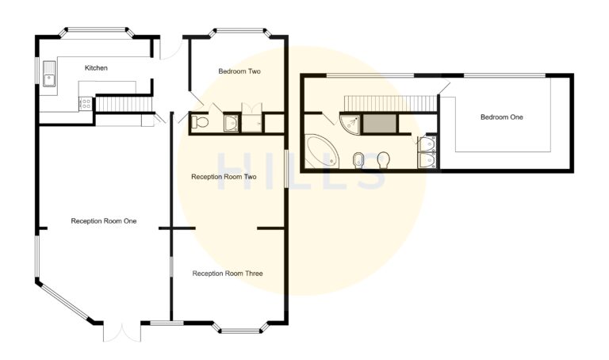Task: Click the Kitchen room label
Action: pos(96,68)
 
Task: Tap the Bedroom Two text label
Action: pos(239,71)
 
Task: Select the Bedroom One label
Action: pos(501,117)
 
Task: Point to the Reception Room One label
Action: pos(103,221)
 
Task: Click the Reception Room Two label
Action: pos(224,177)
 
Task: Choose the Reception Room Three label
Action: pos(228,274)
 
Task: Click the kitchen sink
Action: pos(50,78)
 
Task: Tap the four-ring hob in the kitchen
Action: pos(84,102)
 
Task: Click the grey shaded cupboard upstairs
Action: pos(379,124)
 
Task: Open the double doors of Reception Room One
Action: pos(120,331)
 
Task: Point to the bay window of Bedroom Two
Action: pos(238,33)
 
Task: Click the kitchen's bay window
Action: pos(95,33)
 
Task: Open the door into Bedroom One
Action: pos(443,89)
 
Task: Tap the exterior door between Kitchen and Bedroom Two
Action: pos(167,49)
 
